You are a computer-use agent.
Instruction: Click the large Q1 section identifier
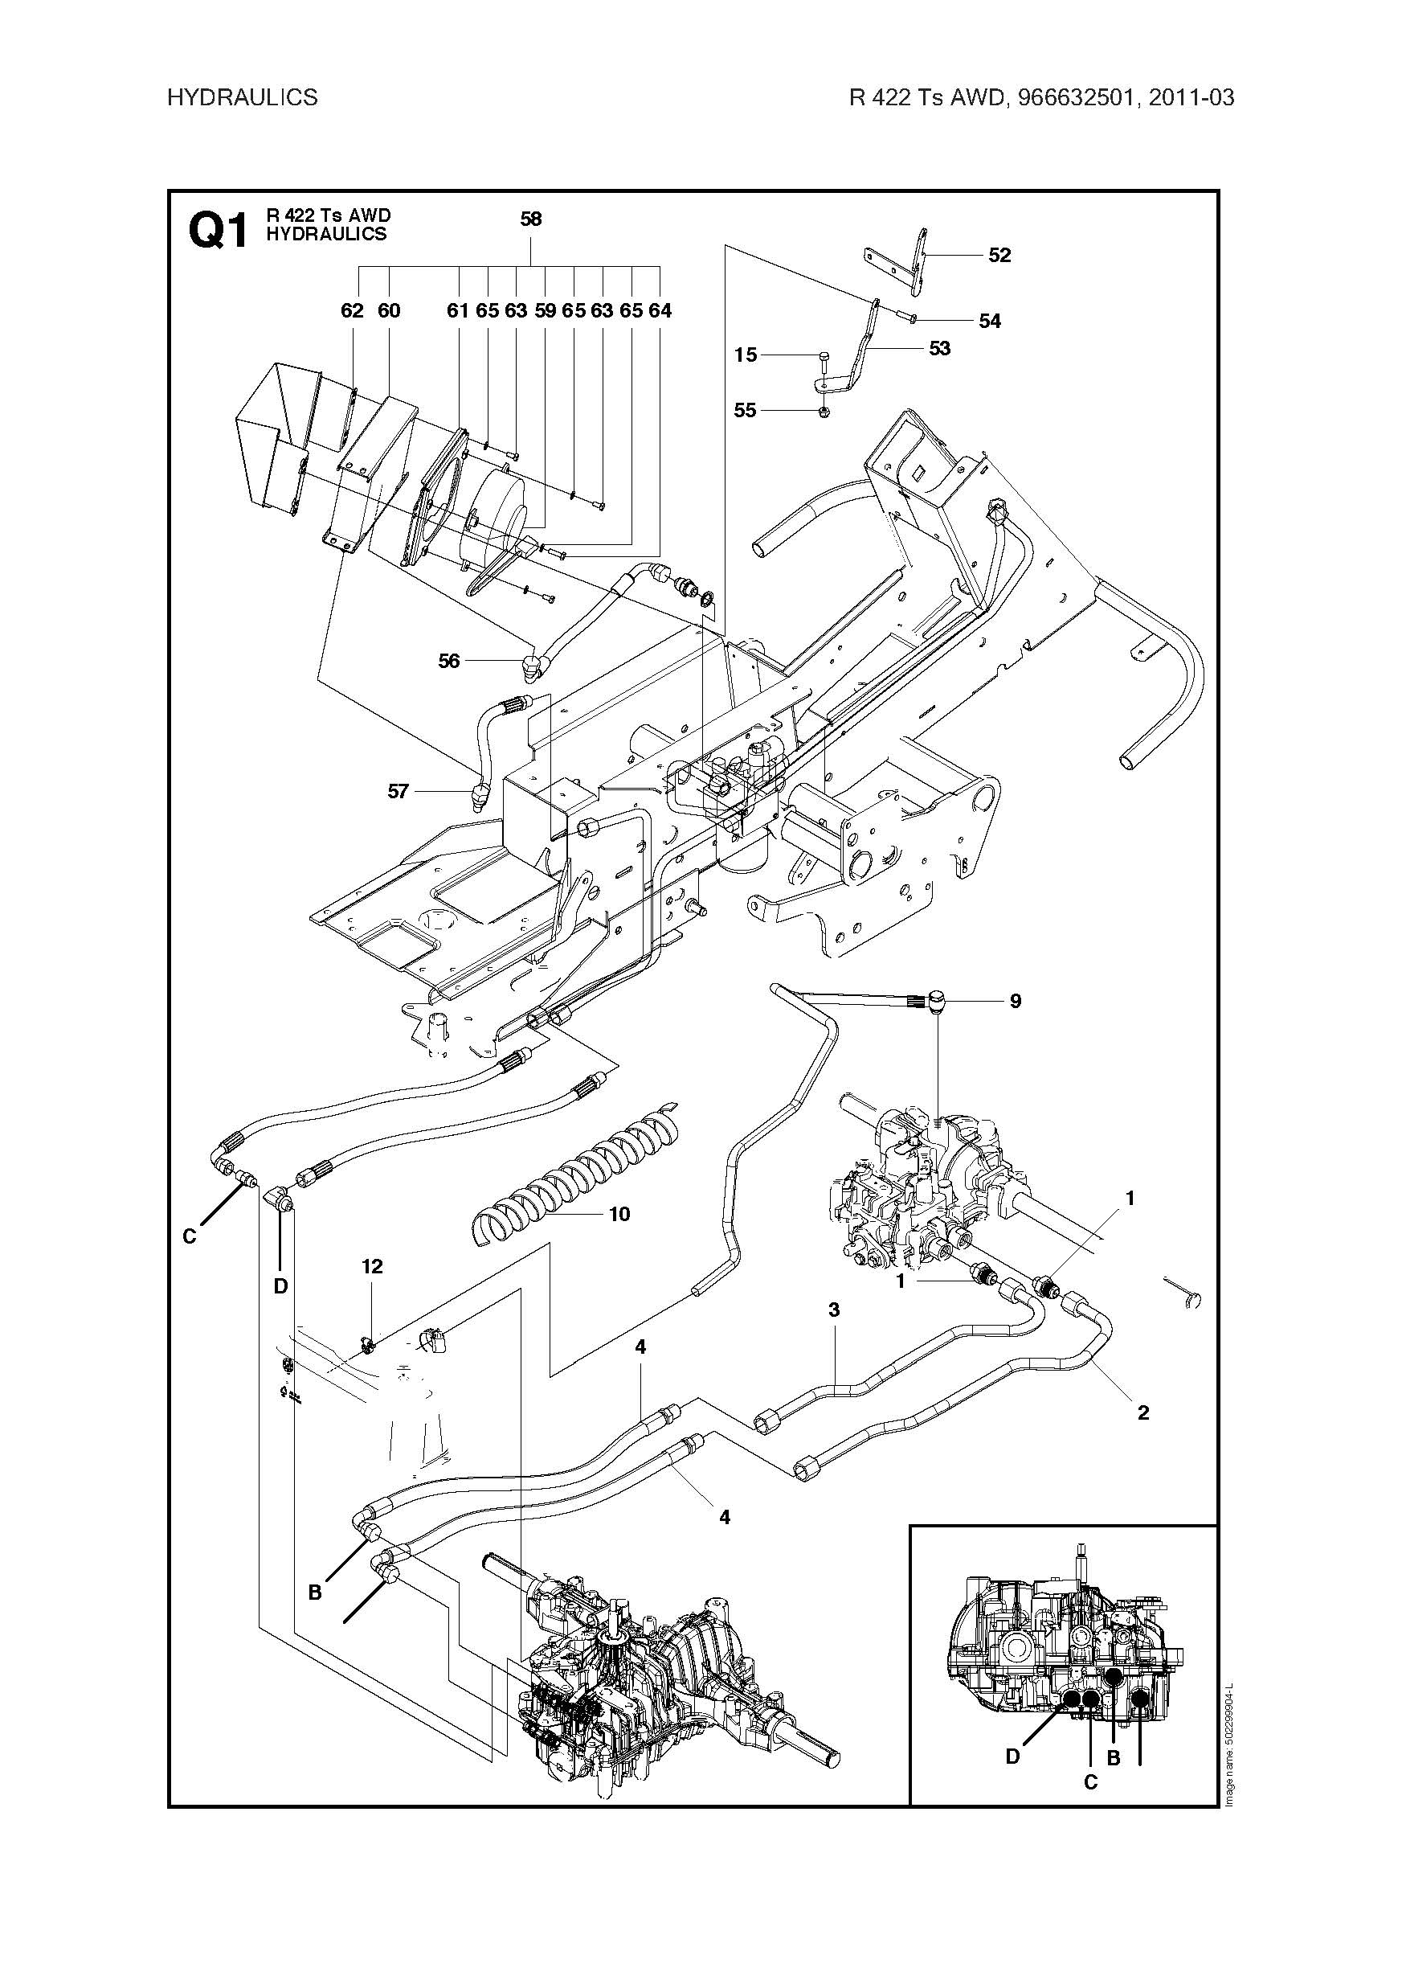coord(218,232)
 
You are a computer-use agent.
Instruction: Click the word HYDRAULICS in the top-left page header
coord(242,97)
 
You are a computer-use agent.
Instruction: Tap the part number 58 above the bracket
coord(530,219)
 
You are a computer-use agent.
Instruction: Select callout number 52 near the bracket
coord(999,256)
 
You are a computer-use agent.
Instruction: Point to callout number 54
coord(990,322)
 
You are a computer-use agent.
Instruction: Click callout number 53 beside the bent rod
coord(939,348)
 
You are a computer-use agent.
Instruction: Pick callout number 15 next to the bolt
coord(746,355)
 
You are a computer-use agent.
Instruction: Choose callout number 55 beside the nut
coord(745,411)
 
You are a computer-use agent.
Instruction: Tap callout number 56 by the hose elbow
coord(449,661)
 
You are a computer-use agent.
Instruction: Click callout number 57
coord(398,792)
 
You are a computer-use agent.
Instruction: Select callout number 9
coord(1016,1002)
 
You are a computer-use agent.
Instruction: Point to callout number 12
coord(371,1267)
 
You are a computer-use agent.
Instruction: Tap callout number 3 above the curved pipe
coord(834,1311)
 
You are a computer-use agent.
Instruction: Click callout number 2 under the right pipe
coord(1144,1412)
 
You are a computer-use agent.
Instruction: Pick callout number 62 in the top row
coord(353,311)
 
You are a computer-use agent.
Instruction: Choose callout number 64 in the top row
coord(660,311)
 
